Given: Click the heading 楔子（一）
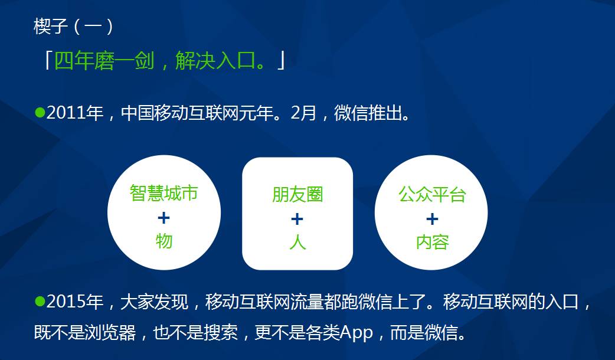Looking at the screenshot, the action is (x=74, y=27).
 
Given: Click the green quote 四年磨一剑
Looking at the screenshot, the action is (x=104, y=61).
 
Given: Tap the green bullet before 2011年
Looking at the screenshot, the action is (x=40, y=113).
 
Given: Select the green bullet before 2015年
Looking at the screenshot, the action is (x=40, y=301).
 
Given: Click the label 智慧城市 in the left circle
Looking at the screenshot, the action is (x=164, y=193).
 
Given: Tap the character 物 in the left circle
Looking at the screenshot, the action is (x=164, y=241).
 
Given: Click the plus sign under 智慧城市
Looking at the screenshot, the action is (x=163, y=218).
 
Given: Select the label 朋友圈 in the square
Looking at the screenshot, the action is (x=297, y=195).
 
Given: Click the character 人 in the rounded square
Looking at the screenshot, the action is (x=297, y=242).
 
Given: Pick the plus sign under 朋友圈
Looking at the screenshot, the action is (x=297, y=219).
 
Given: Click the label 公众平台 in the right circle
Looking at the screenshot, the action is (x=432, y=194).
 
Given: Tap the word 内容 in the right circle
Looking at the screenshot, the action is (x=432, y=242).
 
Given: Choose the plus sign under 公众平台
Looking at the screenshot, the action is (x=432, y=219).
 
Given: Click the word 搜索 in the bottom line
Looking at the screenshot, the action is (x=221, y=333).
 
